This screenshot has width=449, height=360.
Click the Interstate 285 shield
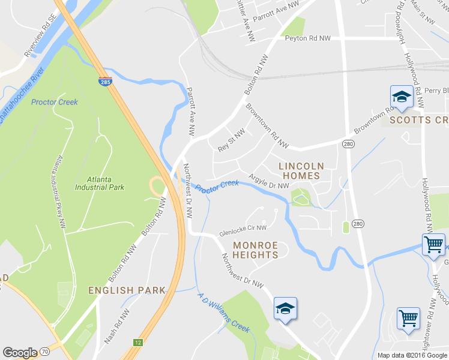[105, 81]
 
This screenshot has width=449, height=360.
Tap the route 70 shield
[45, 353]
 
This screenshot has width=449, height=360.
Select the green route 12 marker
[138, 342]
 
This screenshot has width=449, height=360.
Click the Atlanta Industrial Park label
[100, 182]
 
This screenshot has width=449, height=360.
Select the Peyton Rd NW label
[308, 38]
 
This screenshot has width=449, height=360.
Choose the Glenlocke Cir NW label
[243, 229]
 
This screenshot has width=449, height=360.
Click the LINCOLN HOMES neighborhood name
[300, 171]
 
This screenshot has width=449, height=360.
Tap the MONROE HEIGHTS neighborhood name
[256, 250]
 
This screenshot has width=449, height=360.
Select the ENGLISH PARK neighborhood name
[127, 290]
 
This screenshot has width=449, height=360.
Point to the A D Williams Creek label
[223, 313]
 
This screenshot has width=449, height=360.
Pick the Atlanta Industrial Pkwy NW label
[61, 192]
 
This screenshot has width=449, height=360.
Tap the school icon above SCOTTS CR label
[400, 97]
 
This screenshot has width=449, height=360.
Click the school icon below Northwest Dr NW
[286, 309]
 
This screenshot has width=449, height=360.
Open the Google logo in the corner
[20, 353]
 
